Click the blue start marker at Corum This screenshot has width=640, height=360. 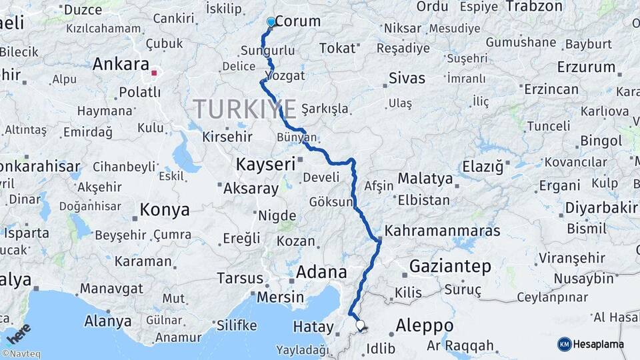[x=271, y=22]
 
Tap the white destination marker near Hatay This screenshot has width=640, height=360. [x=360, y=325]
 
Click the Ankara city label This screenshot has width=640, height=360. [x=121, y=65]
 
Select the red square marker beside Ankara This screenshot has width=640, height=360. [x=155, y=73]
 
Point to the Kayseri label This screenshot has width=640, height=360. [x=265, y=164]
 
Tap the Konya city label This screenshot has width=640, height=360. [x=164, y=211]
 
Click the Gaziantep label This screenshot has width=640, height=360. [x=450, y=267]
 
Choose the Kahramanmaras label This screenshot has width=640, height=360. [x=443, y=231]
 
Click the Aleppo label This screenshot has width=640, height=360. [x=424, y=326]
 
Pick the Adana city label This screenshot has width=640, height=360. [x=321, y=272]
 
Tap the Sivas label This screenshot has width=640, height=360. [x=407, y=78]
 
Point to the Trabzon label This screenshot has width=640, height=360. [x=535, y=7]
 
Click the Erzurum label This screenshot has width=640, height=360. [x=586, y=67]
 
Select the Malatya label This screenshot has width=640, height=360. [x=425, y=179]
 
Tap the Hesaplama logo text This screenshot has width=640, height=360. [x=599, y=344]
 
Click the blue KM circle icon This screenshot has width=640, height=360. [x=565, y=344]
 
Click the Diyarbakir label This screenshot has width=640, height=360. [x=601, y=207]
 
